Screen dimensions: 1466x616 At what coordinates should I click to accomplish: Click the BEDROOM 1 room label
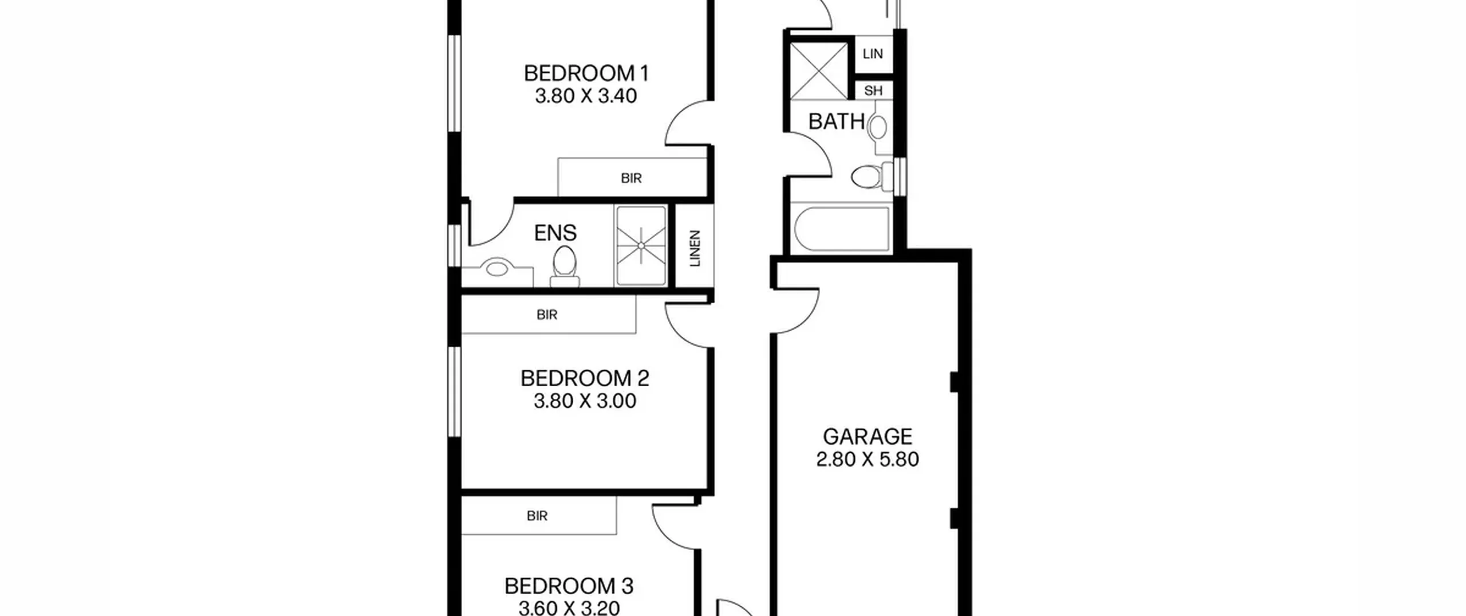coord(586,73)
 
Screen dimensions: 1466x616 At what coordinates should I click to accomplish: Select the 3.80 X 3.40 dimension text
coord(586,96)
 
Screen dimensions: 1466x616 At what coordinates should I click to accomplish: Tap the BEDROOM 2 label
coord(585,378)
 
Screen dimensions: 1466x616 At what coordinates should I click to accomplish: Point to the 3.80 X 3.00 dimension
coord(585,401)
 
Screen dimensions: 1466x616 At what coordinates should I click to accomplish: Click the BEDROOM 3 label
coord(569,586)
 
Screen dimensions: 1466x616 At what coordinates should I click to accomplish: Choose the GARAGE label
coord(868,437)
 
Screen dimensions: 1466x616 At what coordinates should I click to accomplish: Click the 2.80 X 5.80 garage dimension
coord(868,460)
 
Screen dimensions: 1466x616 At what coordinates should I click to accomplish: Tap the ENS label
coord(555,233)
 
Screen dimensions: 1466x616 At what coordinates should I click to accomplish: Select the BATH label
coord(836,121)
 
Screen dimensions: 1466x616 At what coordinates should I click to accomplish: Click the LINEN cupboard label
coord(695,249)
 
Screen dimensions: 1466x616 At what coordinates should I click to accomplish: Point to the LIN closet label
coord(873,54)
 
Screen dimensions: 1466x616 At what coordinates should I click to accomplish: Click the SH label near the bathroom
coord(873,91)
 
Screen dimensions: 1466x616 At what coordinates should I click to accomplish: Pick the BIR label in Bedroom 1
coord(631,178)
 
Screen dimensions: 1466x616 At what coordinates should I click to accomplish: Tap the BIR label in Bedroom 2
coord(547,315)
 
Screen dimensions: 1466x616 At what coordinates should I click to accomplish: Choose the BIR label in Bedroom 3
coord(537,516)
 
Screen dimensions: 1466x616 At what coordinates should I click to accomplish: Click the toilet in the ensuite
coord(565,266)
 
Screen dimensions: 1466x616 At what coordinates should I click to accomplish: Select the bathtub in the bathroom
coord(842,229)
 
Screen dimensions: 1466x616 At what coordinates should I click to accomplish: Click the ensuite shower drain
coord(641,246)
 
